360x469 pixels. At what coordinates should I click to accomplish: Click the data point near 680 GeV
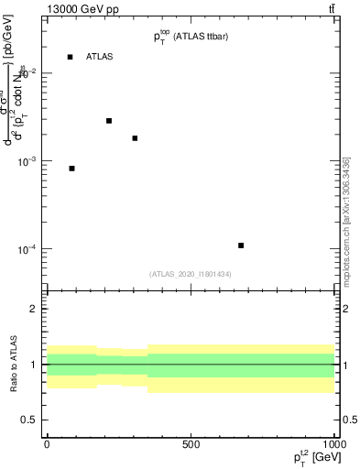pos(241,245)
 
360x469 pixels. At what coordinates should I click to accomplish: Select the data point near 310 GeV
pos(135,138)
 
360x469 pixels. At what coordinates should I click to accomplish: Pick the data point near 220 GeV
pos(109,121)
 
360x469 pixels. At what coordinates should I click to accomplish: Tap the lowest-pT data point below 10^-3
pos(72,169)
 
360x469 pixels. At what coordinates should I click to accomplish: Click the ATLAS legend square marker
pos(70,57)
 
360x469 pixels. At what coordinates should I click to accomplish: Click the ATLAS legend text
pos(99,57)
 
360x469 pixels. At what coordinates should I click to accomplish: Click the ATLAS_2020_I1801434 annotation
pos(190,274)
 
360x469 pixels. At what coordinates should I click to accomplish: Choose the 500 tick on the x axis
pos(191,444)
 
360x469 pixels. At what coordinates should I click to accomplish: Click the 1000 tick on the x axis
pos(333,444)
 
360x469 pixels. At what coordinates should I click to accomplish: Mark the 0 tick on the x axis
pos(47,444)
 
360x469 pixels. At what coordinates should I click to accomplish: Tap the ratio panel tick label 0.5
pos(31,420)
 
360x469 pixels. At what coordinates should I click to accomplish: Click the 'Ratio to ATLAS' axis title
pos(13,365)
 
